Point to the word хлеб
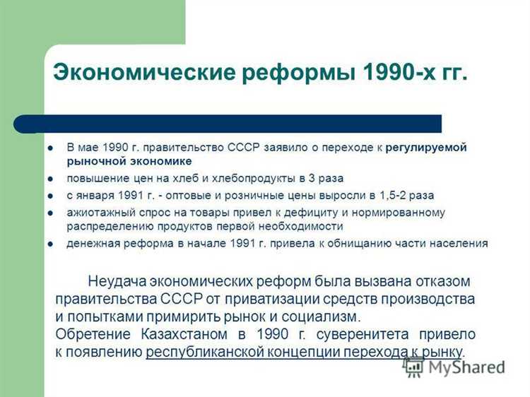point(199,178)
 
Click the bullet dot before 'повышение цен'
point(50,179)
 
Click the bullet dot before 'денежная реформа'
point(50,244)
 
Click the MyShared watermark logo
point(454,367)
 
